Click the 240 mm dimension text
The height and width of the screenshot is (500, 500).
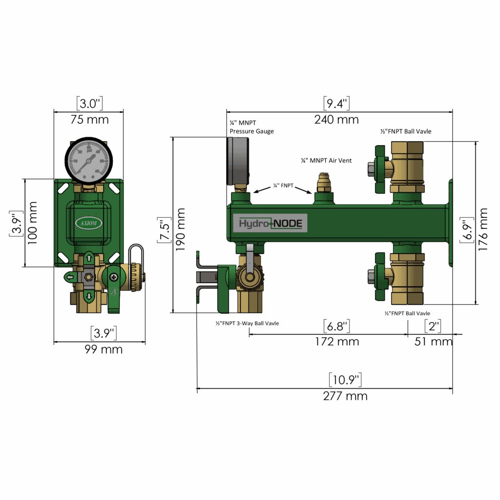336,120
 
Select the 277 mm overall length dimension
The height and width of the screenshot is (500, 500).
345,396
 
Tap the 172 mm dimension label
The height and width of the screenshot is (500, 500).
336,342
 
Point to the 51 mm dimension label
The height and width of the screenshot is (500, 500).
434,342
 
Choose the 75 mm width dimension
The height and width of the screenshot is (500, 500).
89,120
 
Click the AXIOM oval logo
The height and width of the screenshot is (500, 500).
88,223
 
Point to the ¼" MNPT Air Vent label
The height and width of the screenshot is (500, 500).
326,161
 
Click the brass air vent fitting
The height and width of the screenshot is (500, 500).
323,183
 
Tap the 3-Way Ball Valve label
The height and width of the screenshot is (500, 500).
247,323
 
